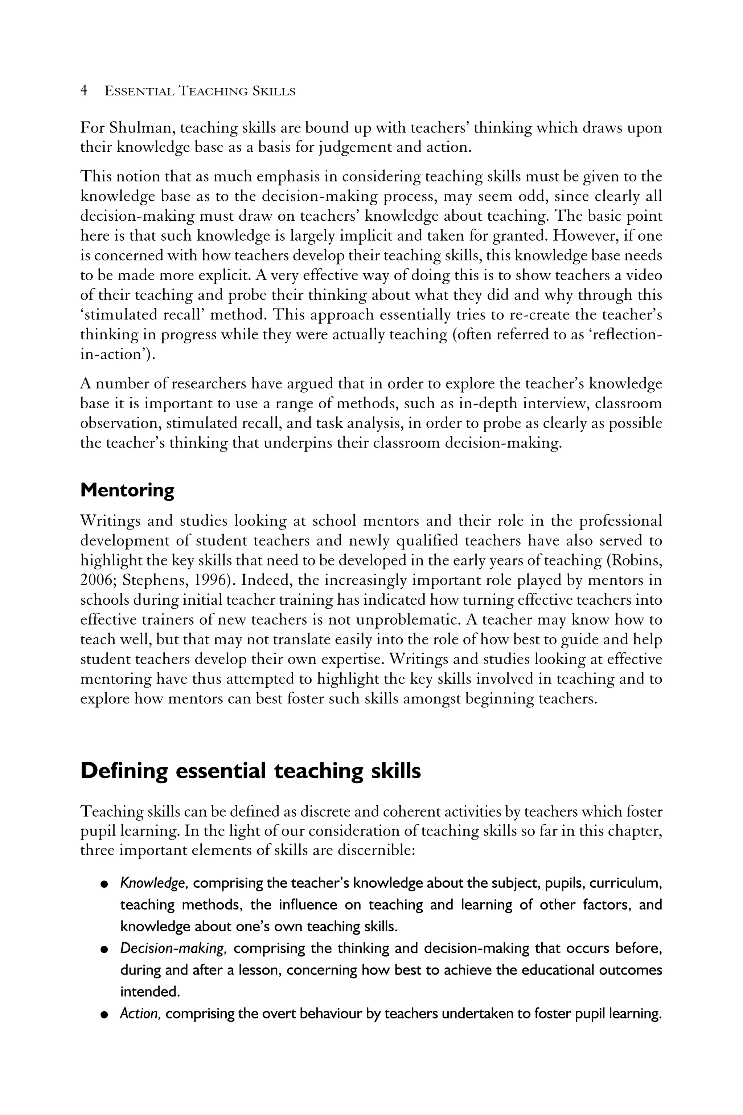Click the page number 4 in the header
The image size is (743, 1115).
[x=84, y=91]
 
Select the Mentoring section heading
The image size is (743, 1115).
[x=127, y=490]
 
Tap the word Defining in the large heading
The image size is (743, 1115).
[x=124, y=771]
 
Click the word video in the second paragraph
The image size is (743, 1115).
[x=644, y=275]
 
